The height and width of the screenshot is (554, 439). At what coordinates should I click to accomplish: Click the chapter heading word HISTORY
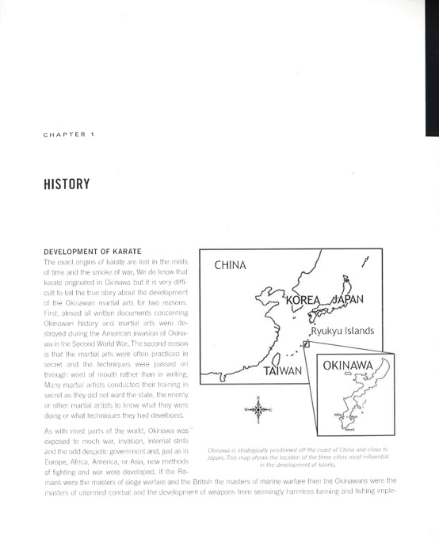coord(67,185)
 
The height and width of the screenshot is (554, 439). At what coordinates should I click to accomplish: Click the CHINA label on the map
coord(231,265)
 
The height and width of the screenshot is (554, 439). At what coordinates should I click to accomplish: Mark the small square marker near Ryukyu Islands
coord(306,343)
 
